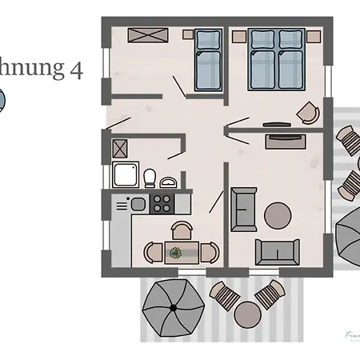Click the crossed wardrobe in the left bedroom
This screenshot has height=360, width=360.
pos(149,34)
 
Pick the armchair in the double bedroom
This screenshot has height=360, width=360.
pos(306,113)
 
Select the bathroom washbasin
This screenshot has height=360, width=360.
pos(167,182)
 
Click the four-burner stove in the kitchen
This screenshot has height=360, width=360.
pos(162,204)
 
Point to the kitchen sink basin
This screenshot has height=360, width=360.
pos(138,205)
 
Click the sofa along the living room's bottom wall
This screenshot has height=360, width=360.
pos(277,251)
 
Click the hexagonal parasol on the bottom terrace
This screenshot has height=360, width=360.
pos(172,308)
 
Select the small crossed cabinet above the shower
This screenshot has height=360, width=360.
pos(121,147)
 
